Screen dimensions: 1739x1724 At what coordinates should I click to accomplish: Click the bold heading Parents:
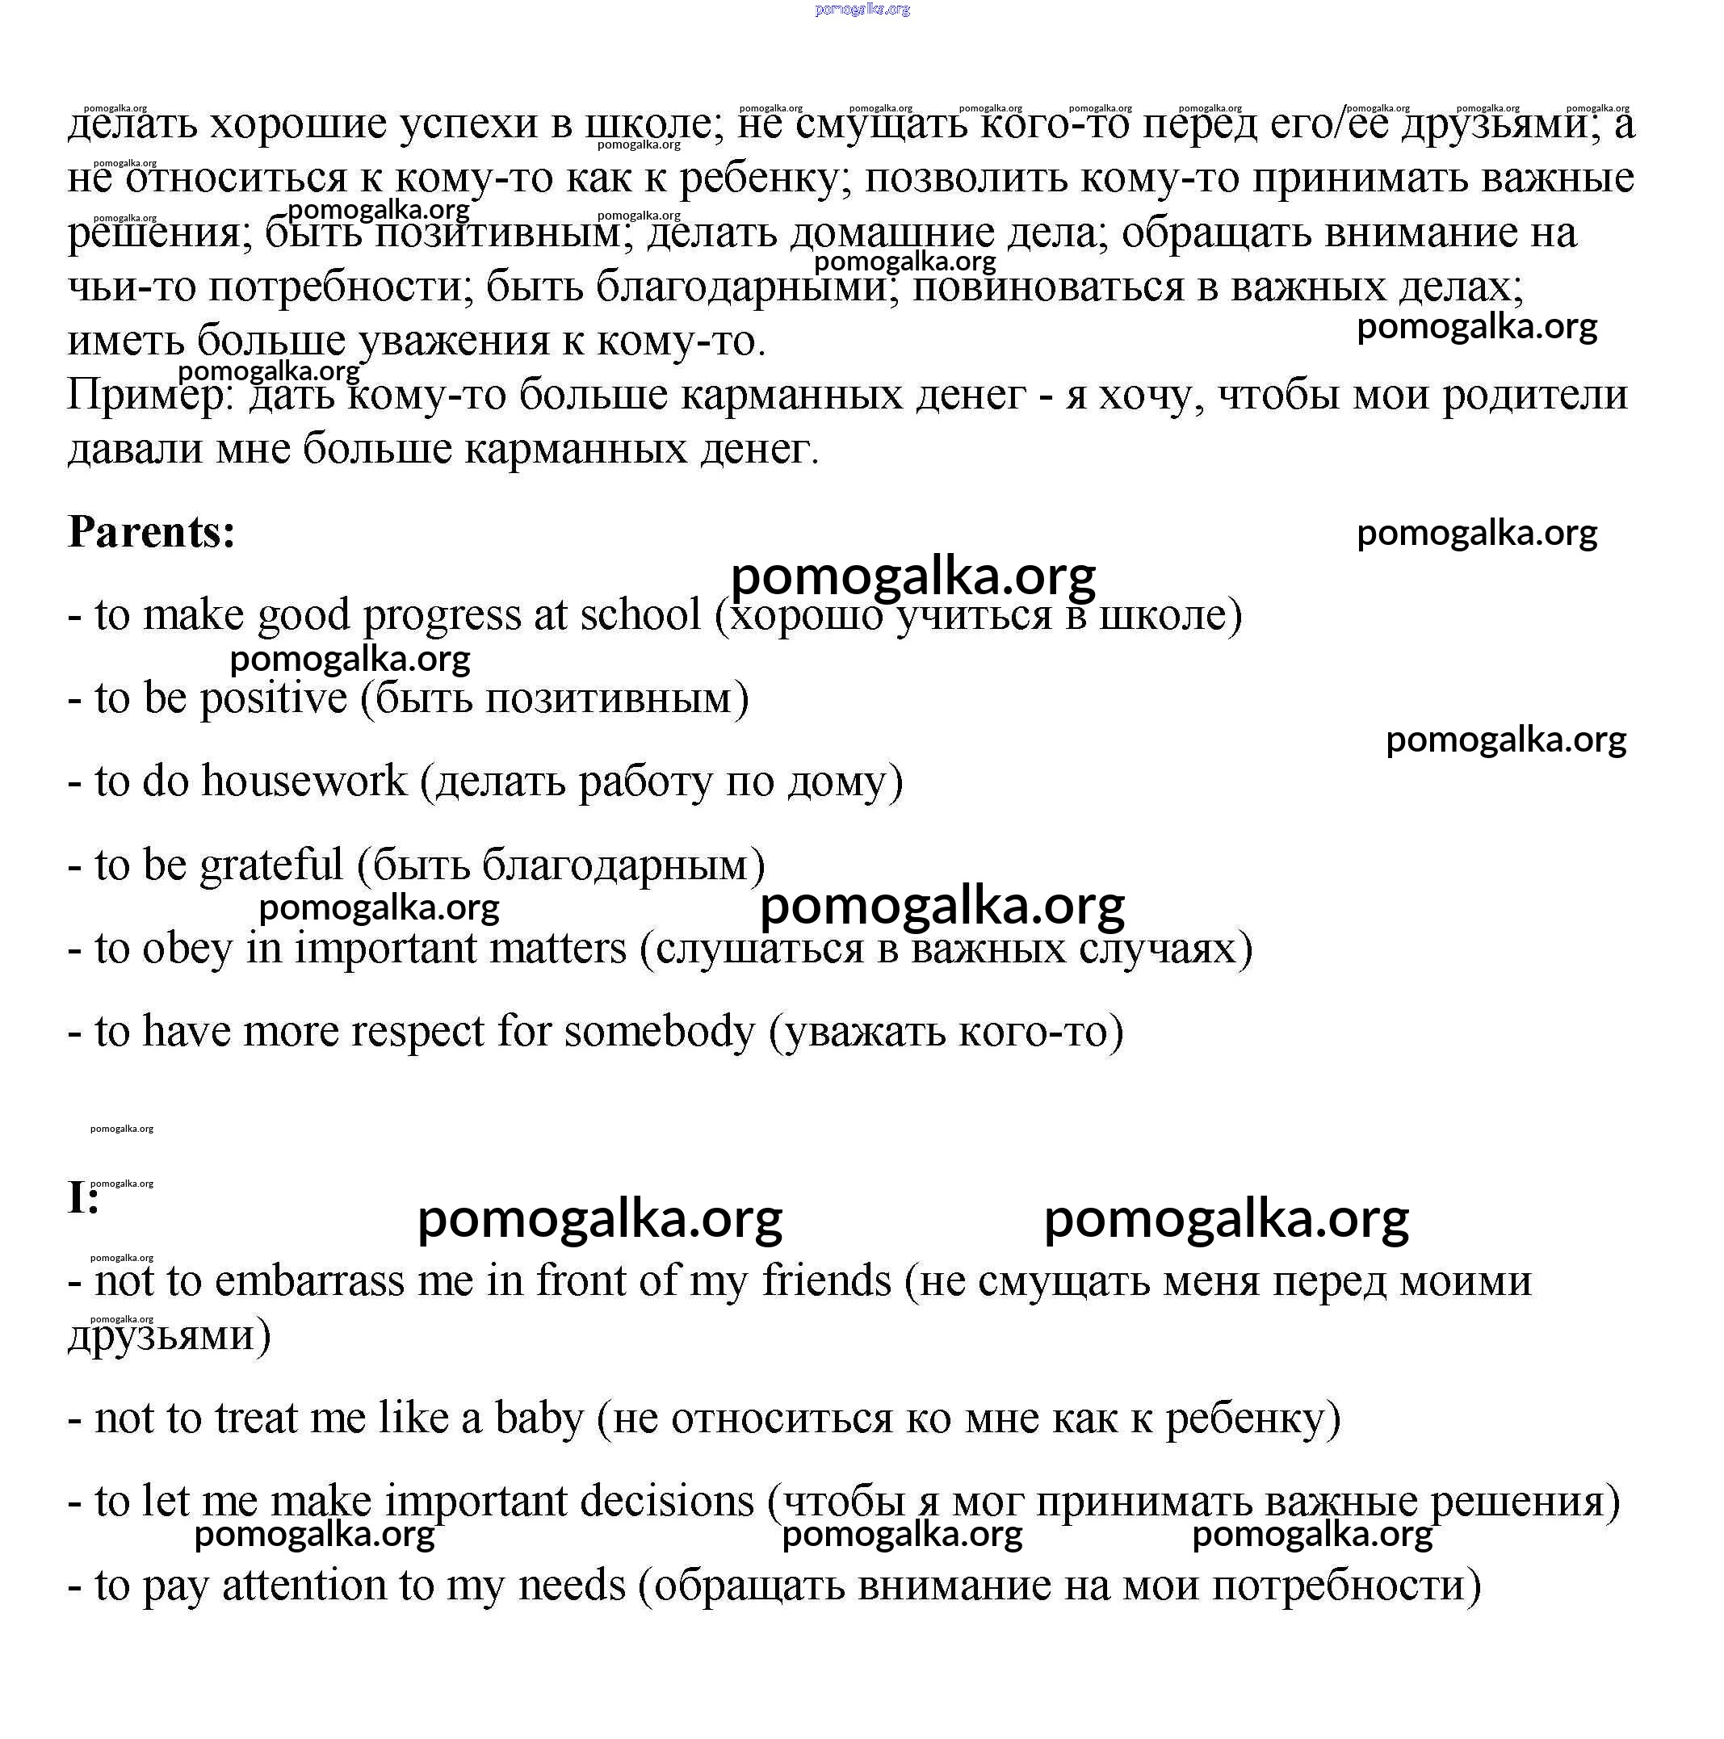[x=151, y=532]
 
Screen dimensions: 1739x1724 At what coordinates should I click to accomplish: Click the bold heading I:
[x=83, y=1198]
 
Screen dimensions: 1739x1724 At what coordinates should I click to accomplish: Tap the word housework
[x=304, y=781]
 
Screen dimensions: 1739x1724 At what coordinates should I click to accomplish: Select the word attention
[x=304, y=1585]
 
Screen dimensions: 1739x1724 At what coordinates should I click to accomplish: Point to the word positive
[x=273, y=698]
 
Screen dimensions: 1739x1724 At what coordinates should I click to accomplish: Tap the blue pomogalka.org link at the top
[x=862, y=10]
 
